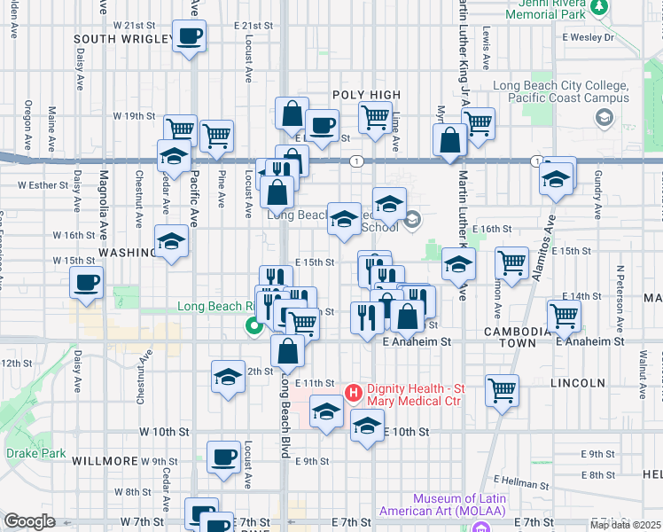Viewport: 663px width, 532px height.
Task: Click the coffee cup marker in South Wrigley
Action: (190, 37)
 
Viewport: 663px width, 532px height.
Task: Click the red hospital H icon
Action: (352, 391)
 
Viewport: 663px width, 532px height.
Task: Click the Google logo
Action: (29, 521)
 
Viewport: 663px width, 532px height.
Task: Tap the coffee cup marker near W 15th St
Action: (87, 283)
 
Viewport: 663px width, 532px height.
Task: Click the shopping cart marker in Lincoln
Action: (503, 389)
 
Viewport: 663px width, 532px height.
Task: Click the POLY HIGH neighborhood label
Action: (367, 95)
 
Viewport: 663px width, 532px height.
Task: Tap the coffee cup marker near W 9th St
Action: (224, 457)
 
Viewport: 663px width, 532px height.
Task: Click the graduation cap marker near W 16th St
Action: (171, 241)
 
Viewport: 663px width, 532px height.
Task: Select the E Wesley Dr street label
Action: (589, 37)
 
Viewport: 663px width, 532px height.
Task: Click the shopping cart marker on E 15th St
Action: (511, 262)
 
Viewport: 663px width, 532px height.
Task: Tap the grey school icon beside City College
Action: (604, 117)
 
